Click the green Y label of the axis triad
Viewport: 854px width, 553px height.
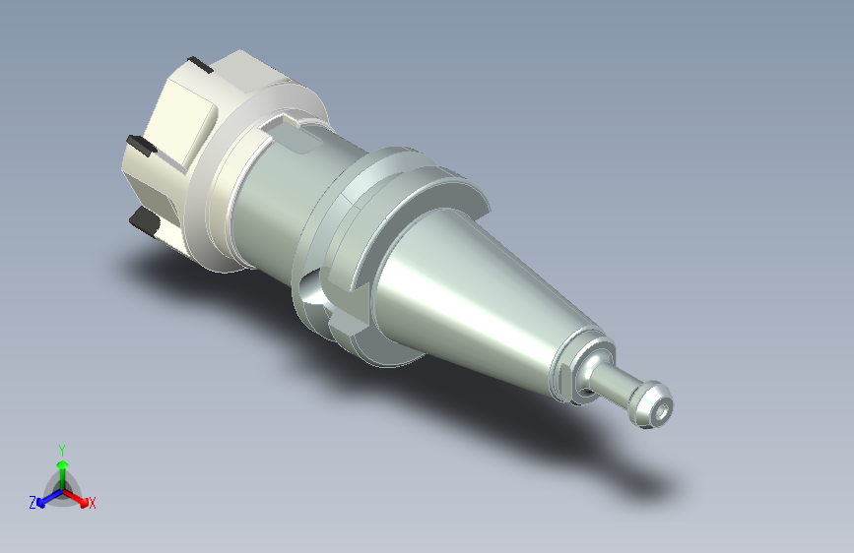[x=62, y=451]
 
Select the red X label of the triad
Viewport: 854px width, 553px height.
[x=92, y=503]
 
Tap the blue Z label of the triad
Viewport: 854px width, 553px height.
[x=33, y=503]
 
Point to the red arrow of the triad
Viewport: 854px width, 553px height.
[x=75, y=498]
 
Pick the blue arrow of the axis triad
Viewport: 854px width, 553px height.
[x=50, y=498]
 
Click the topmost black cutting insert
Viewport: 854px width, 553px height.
[x=200, y=65]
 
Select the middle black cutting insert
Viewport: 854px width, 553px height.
[x=142, y=146]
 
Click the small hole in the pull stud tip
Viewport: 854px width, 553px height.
[x=662, y=411]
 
